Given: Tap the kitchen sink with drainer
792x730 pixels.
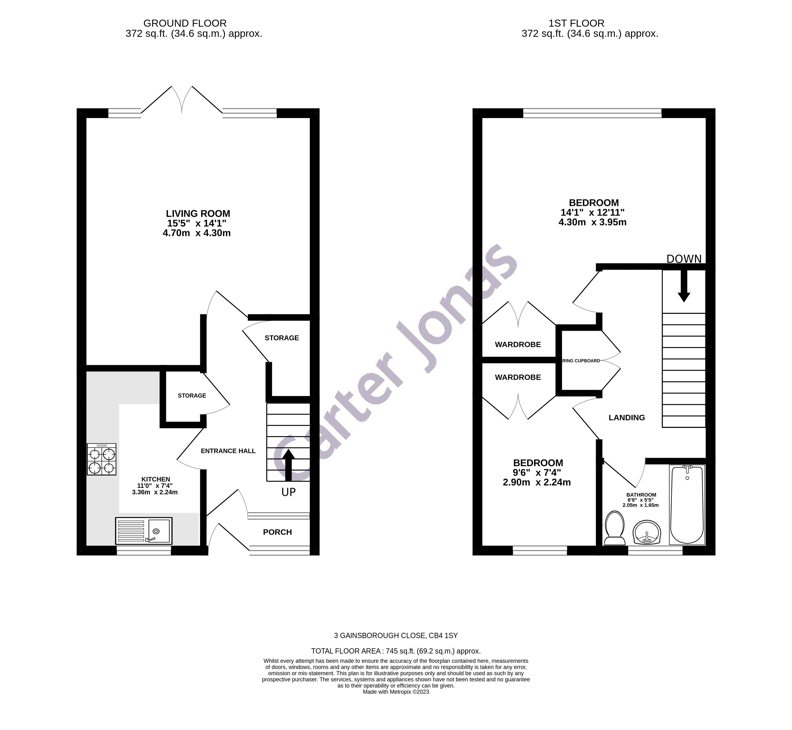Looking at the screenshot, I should click(x=144, y=531).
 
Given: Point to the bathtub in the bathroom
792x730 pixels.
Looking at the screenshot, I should click(x=687, y=505).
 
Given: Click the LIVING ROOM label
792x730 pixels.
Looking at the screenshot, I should click(x=198, y=214).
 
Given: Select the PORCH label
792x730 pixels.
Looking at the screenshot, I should click(x=277, y=532).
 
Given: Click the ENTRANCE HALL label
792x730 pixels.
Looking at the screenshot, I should click(x=228, y=451).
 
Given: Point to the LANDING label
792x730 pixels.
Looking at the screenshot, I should click(x=626, y=418).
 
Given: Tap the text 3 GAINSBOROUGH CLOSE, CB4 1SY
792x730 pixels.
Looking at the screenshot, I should click(x=396, y=636).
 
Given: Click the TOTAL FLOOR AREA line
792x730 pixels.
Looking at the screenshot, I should click(x=396, y=651).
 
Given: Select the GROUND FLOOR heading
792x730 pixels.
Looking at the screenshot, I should click(x=185, y=23).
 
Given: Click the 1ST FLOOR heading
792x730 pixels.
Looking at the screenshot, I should click(x=576, y=23).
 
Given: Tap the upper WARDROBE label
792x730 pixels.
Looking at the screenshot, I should click(x=518, y=344).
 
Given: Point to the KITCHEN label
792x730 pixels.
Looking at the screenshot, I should click(x=156, y=479).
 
